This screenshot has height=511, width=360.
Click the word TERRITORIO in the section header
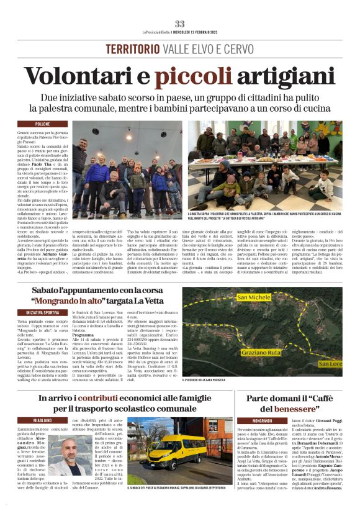(131, 50)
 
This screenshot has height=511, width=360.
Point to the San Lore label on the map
(330, 361)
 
